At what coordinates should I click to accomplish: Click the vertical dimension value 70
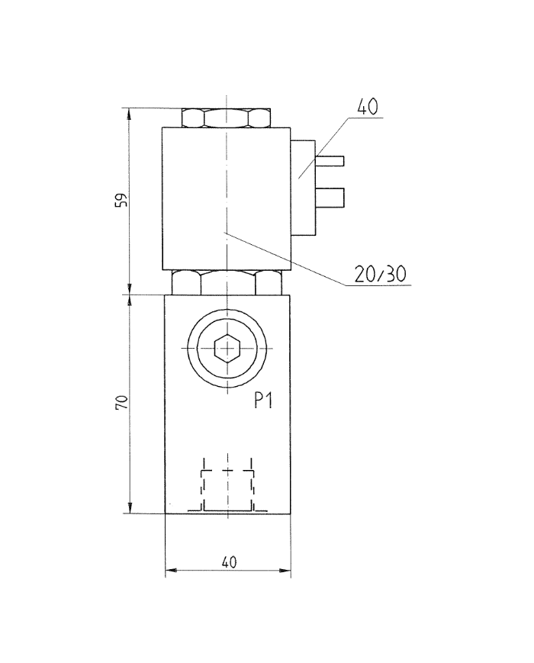click(x=121, y=404)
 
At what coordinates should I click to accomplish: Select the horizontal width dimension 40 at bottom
click(x=228, y=562)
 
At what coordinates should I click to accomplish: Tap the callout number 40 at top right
click(x=368, y=106)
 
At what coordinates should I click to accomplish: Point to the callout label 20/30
click(x=379, y=274)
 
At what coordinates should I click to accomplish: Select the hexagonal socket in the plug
click(x=227, y=349)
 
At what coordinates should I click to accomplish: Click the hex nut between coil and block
click(x=227, y=282)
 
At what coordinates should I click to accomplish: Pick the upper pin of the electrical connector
click(x=333, y=161)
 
